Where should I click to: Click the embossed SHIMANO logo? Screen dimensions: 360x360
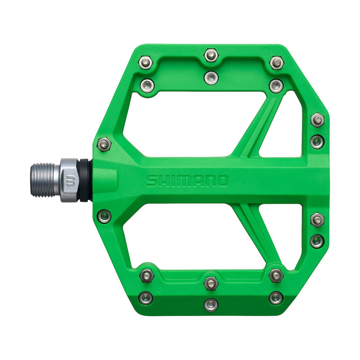pyautogui.click(x=187, y=181)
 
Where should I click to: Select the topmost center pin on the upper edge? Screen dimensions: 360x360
pyautogui.click(x=211, y=55)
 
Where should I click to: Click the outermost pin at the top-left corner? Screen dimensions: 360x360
pyautogui.click(x=145, y=63)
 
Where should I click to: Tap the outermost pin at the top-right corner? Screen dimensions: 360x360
pyautogui.click(x=277, y=63)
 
